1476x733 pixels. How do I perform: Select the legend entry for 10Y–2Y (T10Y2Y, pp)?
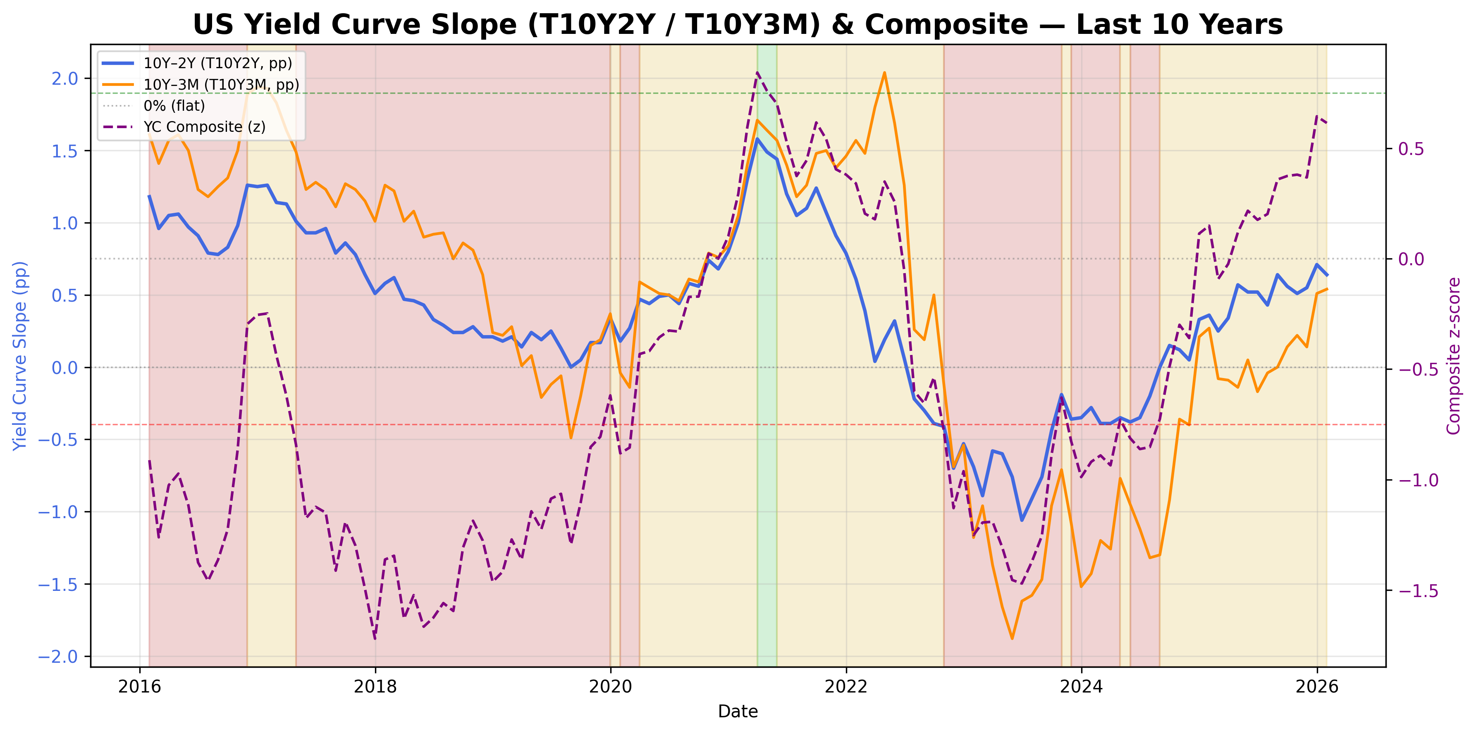click(218, 63)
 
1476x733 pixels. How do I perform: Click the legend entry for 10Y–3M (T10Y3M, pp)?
click(221, 84)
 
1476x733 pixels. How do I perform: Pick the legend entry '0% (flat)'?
click(174, 105)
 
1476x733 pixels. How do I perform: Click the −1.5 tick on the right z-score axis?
click(1418, 590)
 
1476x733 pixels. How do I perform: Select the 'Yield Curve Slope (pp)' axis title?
click(20, 356)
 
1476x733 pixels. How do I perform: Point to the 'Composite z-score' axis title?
click(1454, 356)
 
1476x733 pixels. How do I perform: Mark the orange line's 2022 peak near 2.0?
click(884, 73)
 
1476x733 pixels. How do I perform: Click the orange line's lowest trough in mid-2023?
click(1012, 638)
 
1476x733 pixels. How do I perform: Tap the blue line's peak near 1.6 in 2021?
click(757, 138)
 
